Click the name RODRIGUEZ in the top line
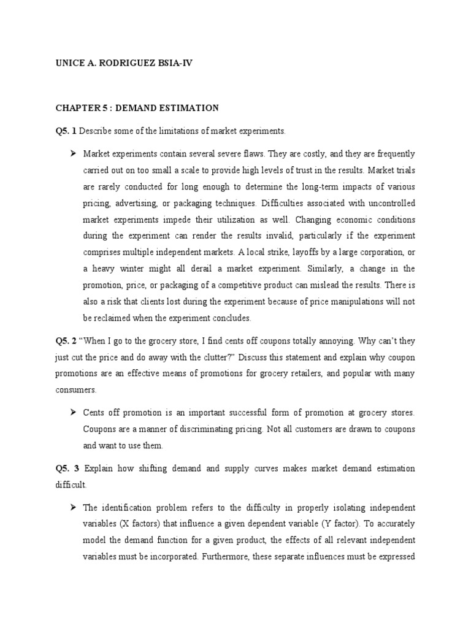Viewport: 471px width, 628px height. tap(117, 63)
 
